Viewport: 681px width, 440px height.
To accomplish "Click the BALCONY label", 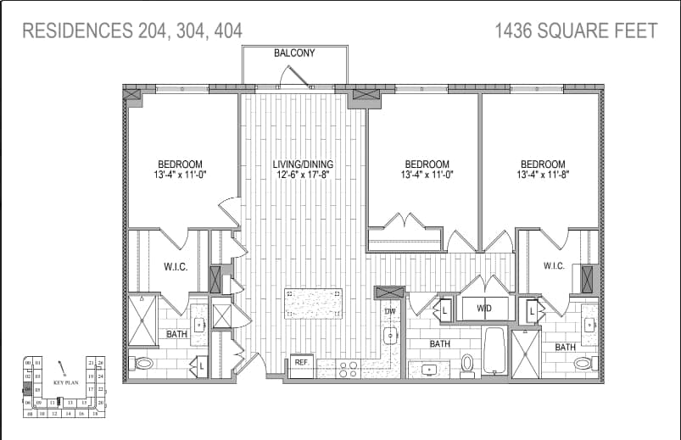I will (294, 53).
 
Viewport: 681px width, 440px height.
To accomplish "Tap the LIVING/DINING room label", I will (303, 164).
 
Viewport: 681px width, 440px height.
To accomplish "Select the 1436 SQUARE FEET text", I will (576, 31).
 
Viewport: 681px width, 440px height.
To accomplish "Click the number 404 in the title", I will (226, 31).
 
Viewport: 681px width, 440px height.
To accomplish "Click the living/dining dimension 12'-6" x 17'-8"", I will (303, 176).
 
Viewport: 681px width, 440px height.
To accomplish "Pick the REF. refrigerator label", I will (301, 362).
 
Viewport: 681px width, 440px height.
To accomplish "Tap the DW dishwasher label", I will (390, 311).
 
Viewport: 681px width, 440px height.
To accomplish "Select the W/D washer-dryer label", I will (484, 309).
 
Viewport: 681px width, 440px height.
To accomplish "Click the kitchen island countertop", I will (313, 303).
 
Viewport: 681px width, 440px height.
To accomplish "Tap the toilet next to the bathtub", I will (467, 364).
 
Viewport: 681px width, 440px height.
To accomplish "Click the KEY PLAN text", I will (65, 382).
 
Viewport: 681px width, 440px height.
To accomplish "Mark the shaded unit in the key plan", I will (28, 389).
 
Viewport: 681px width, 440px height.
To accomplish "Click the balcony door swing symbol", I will (295, 78).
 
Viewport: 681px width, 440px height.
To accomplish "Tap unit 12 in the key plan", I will (52, 414).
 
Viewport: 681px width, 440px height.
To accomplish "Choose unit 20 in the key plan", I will (100, 402).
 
